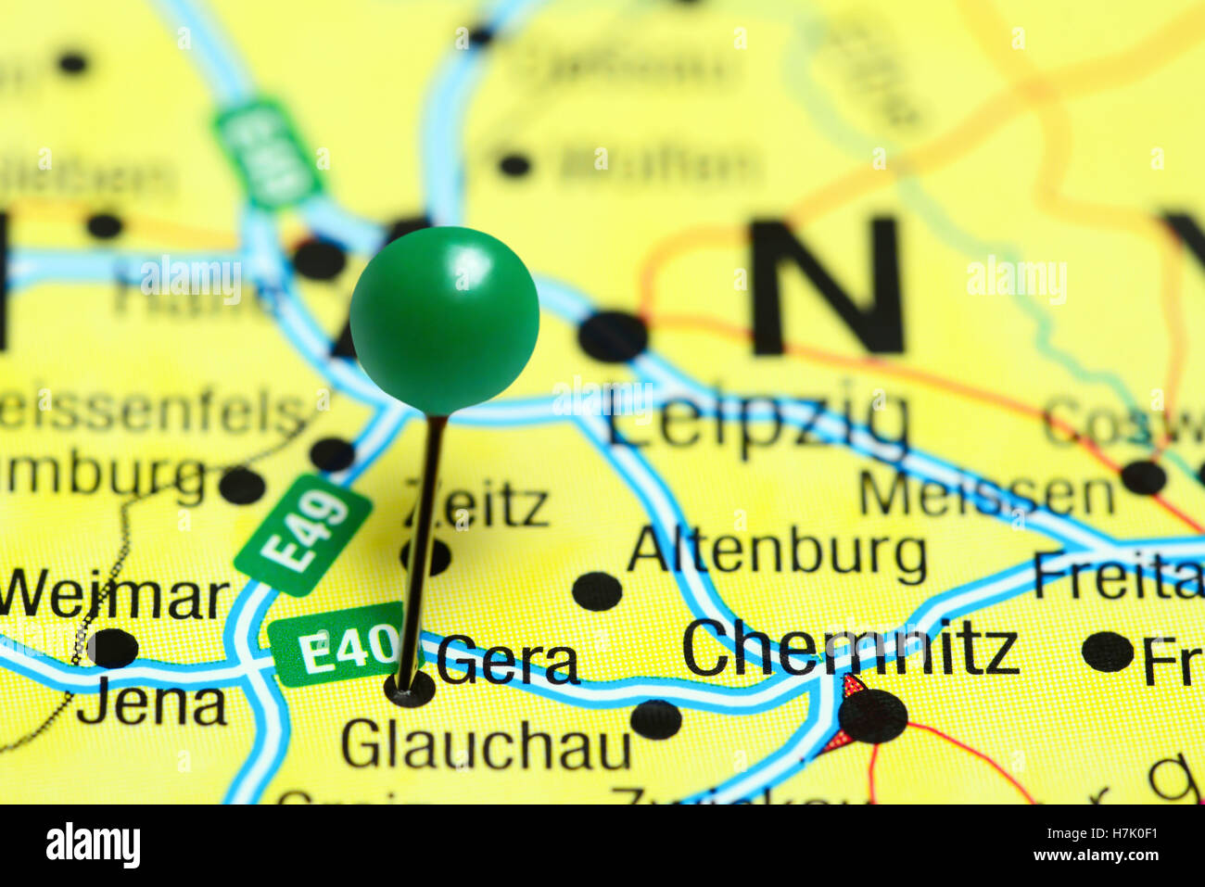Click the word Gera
pos(507,662)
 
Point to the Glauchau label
pos(486,744)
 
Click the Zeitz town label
pos(477,505)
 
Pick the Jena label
pos(152,705)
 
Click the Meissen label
pos(986,494)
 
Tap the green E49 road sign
pos(303,534)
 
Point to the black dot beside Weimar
pos(112,647)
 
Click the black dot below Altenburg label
pos(597,591)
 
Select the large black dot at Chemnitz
pos(873,716)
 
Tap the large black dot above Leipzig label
pos(613,336)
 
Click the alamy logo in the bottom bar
pos(93,845)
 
